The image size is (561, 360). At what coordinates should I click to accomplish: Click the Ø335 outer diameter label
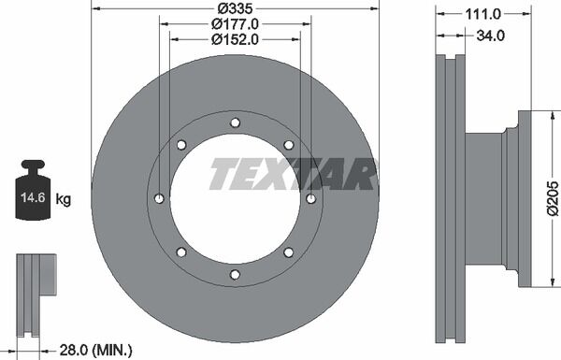coord(235,7)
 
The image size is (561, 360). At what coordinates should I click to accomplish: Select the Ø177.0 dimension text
coord(235,24)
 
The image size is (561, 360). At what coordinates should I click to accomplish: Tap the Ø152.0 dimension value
coord(235,39)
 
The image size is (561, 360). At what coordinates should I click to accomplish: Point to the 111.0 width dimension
coord(483,14)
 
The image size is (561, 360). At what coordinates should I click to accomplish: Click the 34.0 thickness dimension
coord(491,36)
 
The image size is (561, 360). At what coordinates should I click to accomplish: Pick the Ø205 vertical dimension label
coord(553,198)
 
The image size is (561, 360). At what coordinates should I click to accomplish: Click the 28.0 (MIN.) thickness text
coord(95,350)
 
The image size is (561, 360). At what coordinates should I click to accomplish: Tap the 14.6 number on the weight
coord(33,197)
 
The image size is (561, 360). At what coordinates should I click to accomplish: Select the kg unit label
coord(64,198)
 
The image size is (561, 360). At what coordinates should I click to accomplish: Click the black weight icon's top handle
coord(33,166)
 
